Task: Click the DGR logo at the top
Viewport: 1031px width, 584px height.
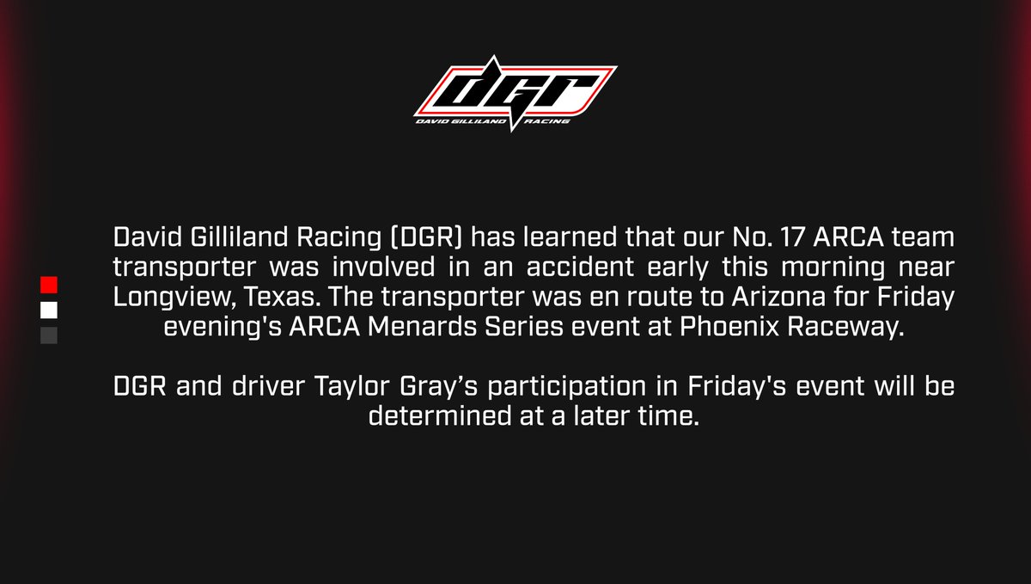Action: [515, 93]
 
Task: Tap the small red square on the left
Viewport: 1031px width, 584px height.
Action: [49, 284]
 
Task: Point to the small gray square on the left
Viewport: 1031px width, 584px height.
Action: [49, 335]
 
